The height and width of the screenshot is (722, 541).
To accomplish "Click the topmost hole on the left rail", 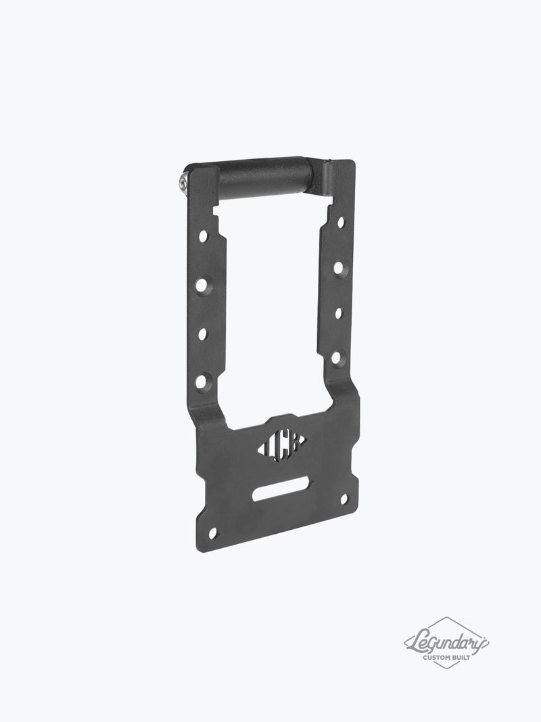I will (202, 236).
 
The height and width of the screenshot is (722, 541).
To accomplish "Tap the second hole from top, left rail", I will (201, 286).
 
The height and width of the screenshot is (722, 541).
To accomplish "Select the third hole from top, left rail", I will (202, 333).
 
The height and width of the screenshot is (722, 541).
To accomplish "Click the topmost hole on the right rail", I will (340, 221).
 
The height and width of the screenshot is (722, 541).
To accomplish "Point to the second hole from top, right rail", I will (337, 268).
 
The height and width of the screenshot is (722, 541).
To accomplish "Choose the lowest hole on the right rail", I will (335, 357).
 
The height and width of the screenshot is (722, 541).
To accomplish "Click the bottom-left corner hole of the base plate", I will (213, 532).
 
